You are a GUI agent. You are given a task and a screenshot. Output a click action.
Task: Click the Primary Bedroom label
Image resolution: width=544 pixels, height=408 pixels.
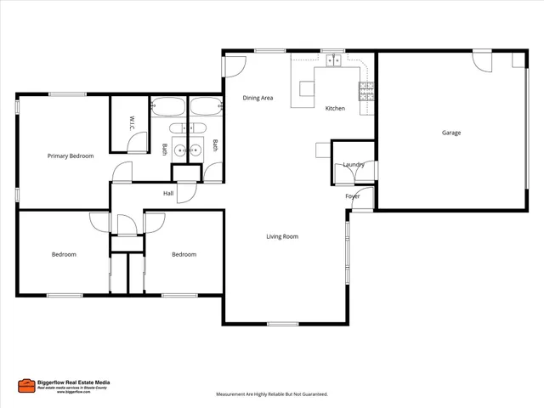click(x=71, y=156)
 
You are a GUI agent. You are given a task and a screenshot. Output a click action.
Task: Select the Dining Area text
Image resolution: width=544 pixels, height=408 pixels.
click(x=258, y=99)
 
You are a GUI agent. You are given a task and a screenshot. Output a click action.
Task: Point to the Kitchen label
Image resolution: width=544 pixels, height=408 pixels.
click(x=335, y=109)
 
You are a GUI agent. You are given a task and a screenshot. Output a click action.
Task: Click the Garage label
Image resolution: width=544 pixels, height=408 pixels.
click(x=451, y=133)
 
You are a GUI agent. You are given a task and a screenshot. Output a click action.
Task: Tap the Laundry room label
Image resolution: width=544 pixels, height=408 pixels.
click(x=354, y=164)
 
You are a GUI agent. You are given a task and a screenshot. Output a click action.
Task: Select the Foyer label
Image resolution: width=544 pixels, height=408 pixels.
click(x=353, y=196)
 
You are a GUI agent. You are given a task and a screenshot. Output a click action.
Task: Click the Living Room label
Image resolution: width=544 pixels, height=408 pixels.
click(x=282, y=236)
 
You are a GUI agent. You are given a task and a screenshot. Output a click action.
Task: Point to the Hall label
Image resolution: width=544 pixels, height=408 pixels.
click(x=168, y=194)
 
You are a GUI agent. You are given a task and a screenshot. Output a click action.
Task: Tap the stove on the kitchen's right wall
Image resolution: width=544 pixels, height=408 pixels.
click(x=367, y=92)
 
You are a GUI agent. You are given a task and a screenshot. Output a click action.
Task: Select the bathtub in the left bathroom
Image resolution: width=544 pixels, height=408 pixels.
click(x=167, y=107)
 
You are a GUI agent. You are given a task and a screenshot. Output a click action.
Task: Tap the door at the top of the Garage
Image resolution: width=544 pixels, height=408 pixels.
click(x=482, y=62)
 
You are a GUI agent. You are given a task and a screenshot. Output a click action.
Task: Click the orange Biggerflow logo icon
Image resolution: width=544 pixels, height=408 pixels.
click(x=25, y=385)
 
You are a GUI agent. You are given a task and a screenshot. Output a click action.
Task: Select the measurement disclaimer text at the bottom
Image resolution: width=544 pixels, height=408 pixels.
click(x=272, y=394)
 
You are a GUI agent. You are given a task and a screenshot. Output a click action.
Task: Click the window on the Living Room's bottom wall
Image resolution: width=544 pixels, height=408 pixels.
click(x=282, y=323)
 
